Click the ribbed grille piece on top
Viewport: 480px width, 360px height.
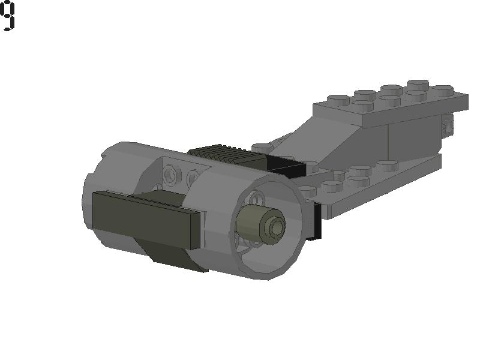tap(225, 155)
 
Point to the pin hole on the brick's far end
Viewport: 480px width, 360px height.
tap(447, 126)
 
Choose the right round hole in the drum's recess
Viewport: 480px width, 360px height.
tap(193, 178)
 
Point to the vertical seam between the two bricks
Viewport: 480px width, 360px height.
tap(388, 138)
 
